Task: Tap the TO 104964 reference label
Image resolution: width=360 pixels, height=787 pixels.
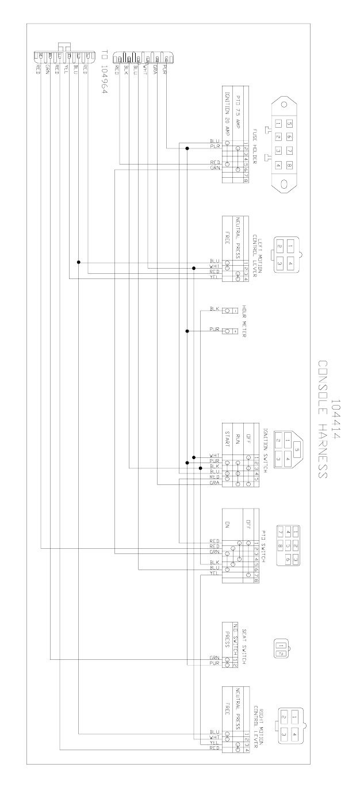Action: point(104,74)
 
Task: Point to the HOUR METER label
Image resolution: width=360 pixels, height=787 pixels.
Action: point(244,320)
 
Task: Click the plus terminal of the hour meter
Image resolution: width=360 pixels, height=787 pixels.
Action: point(235,331)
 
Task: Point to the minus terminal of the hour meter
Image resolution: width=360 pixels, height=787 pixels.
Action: point(235,310)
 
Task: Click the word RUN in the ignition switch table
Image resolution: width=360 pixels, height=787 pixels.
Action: point(236,444)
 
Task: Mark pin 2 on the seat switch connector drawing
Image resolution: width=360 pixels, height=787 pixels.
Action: point(281,653)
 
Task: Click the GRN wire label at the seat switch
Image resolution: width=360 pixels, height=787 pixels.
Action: point(214,658)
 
